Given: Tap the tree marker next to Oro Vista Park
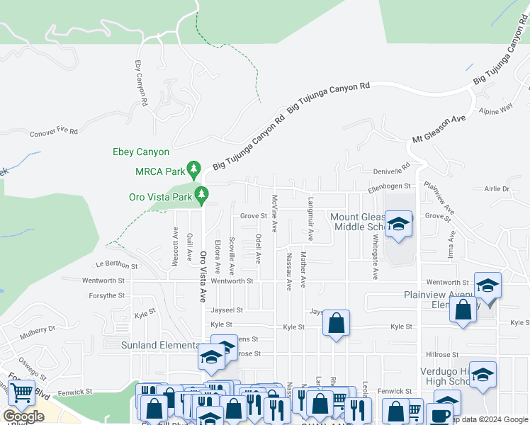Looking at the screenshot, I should coord(202,193).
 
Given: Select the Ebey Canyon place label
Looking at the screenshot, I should coord(141,152).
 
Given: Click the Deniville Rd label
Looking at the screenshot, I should coord(392,170).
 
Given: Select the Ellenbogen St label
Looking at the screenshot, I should coord(389,186).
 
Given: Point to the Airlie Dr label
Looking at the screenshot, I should coord(497,189).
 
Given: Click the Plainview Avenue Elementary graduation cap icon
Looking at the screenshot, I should coord(487,285).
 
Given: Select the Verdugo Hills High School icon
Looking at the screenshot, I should coord(483,375).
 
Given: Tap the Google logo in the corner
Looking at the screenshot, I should coord(24,416).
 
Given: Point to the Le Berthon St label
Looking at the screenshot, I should coord(116,265).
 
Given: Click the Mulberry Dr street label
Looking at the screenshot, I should coord(38,329).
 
